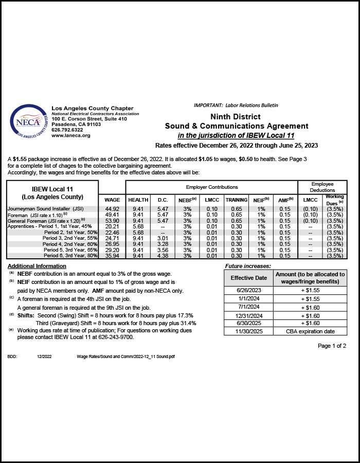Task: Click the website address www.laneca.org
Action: point(71,135)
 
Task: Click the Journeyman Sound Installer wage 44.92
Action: point(112,209)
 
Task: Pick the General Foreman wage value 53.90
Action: point(112,221)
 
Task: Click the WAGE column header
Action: point(112,200)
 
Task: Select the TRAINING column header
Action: point(237,200)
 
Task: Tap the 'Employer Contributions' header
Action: point(212,187)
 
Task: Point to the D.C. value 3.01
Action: point(163,239)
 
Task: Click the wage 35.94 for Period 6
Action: point(112,256)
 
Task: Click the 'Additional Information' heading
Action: point(37,266)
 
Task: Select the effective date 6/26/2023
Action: point(248,291)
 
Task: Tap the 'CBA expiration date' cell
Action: point(310,331)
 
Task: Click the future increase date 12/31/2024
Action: point(248,315)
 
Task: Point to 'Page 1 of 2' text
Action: point(332,346)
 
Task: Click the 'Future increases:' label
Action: point(248,266)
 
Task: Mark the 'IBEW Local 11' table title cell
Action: point(52,193)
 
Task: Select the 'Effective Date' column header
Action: point(248,278)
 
